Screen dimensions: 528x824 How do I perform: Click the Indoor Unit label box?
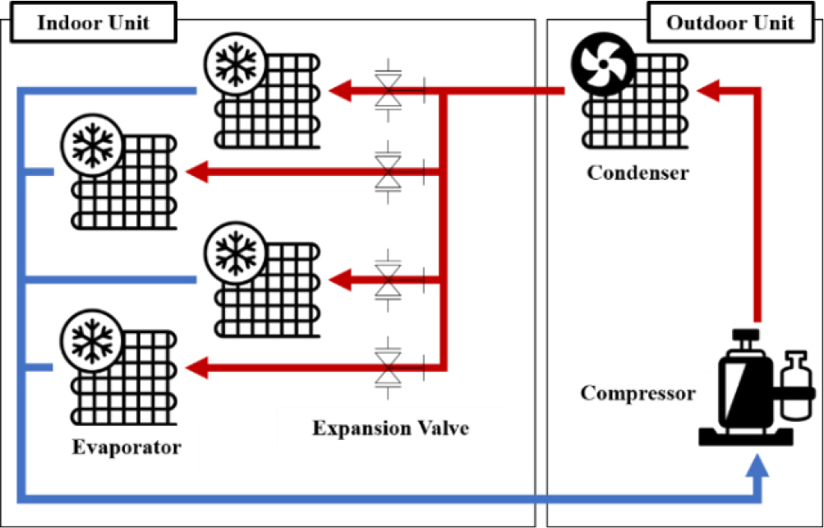tap(94, 21)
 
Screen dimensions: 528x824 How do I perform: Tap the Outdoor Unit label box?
tap(730, 21)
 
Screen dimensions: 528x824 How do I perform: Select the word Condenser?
tap(638, 174)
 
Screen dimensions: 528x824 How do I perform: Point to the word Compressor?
tap(638, 392)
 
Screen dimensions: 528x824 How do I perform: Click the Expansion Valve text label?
tap(390, 428)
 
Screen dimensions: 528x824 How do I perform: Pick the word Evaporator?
tap(126, 447)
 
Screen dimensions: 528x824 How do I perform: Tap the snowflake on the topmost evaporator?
tap(235, 65)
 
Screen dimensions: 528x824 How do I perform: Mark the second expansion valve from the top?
tap(386, 172)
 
